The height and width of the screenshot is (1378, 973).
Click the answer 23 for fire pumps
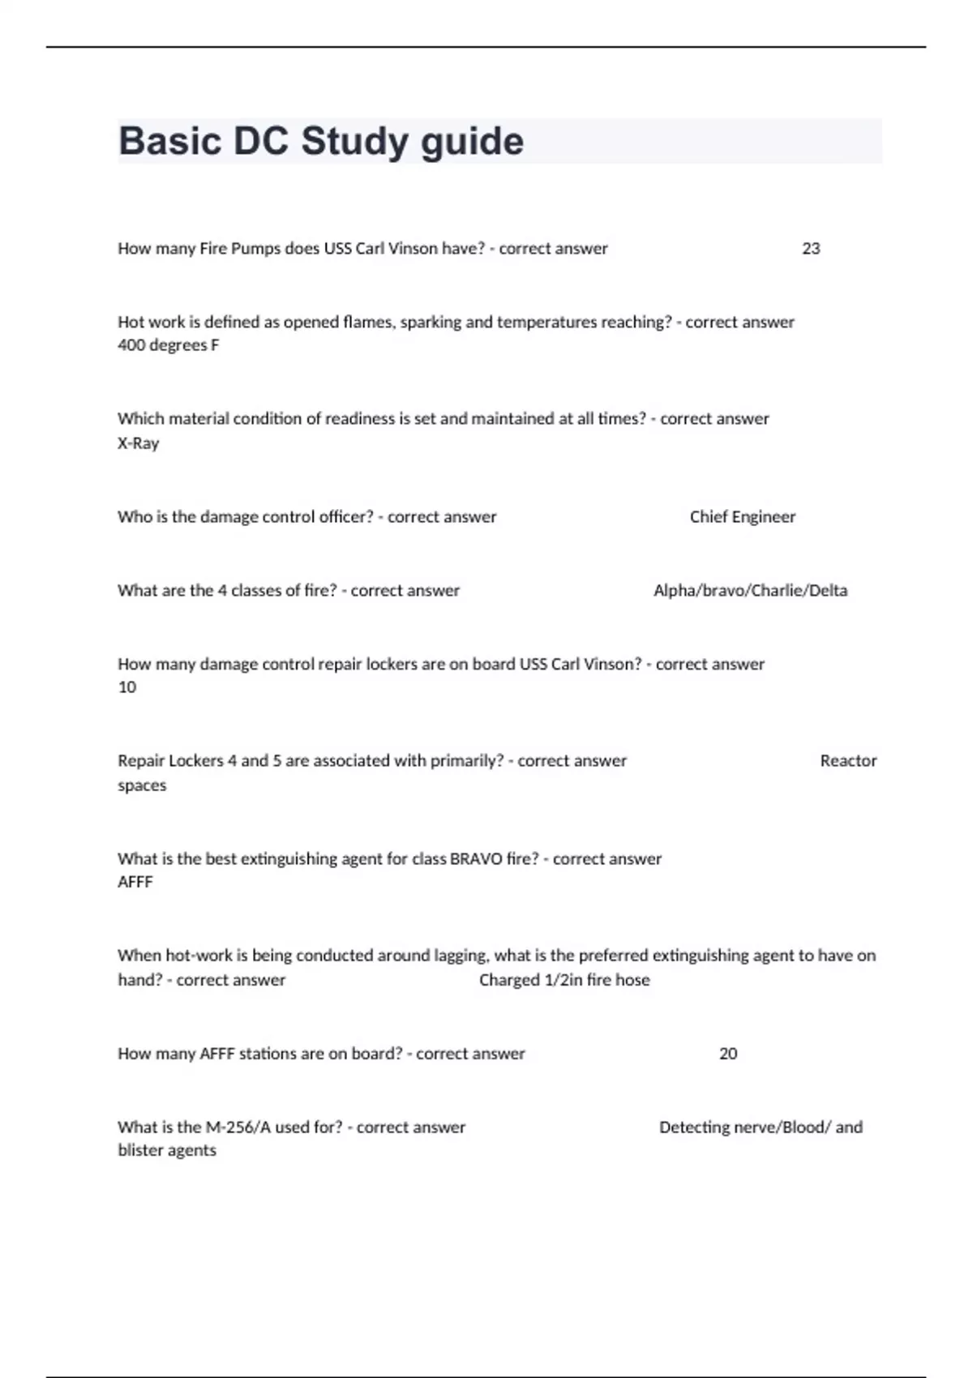tap(811, 249)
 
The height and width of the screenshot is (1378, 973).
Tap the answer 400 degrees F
tap(168, 345)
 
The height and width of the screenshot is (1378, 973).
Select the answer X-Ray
tap(138, 443)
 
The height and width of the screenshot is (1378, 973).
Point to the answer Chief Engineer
tap(742, 517)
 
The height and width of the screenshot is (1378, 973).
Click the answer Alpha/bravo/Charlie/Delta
tap(750, 591)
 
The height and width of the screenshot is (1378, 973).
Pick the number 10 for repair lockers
tap(127, 687)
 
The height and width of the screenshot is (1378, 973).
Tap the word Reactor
tap(848, 761)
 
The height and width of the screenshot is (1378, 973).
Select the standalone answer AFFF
tap(135, 882)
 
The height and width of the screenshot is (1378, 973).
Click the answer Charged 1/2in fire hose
tap(564, 980)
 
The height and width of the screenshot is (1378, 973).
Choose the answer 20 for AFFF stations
tap(728, 1054)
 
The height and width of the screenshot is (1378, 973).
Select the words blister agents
tap(167, 1151)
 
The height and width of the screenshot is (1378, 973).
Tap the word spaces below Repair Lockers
tap(142, 785)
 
